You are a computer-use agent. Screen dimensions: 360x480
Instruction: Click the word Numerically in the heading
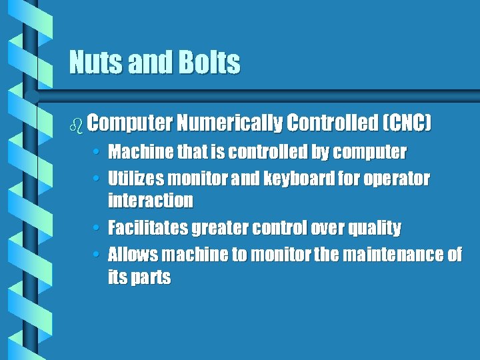229,123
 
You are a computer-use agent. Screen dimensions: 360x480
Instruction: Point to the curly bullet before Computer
76,124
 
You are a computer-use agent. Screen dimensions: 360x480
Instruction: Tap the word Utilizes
135,179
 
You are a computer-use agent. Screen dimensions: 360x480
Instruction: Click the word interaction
151,200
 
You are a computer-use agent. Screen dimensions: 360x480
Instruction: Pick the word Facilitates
148,228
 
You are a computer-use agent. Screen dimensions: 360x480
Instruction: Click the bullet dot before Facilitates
97,229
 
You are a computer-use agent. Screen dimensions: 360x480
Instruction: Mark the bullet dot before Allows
97,255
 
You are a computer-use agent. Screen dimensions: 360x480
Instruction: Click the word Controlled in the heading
331,123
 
